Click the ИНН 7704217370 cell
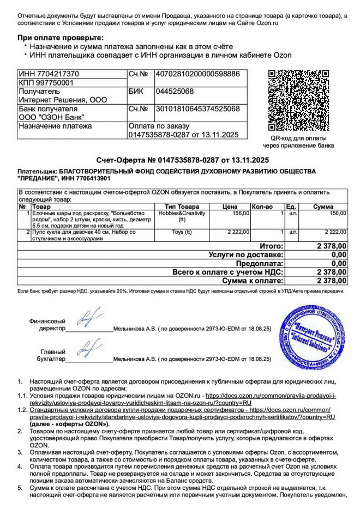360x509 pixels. coord(49,74)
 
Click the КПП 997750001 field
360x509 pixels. coord(46,82)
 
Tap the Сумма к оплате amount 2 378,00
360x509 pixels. coord(332,281)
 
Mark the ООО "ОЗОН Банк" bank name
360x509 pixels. coord(52,117)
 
